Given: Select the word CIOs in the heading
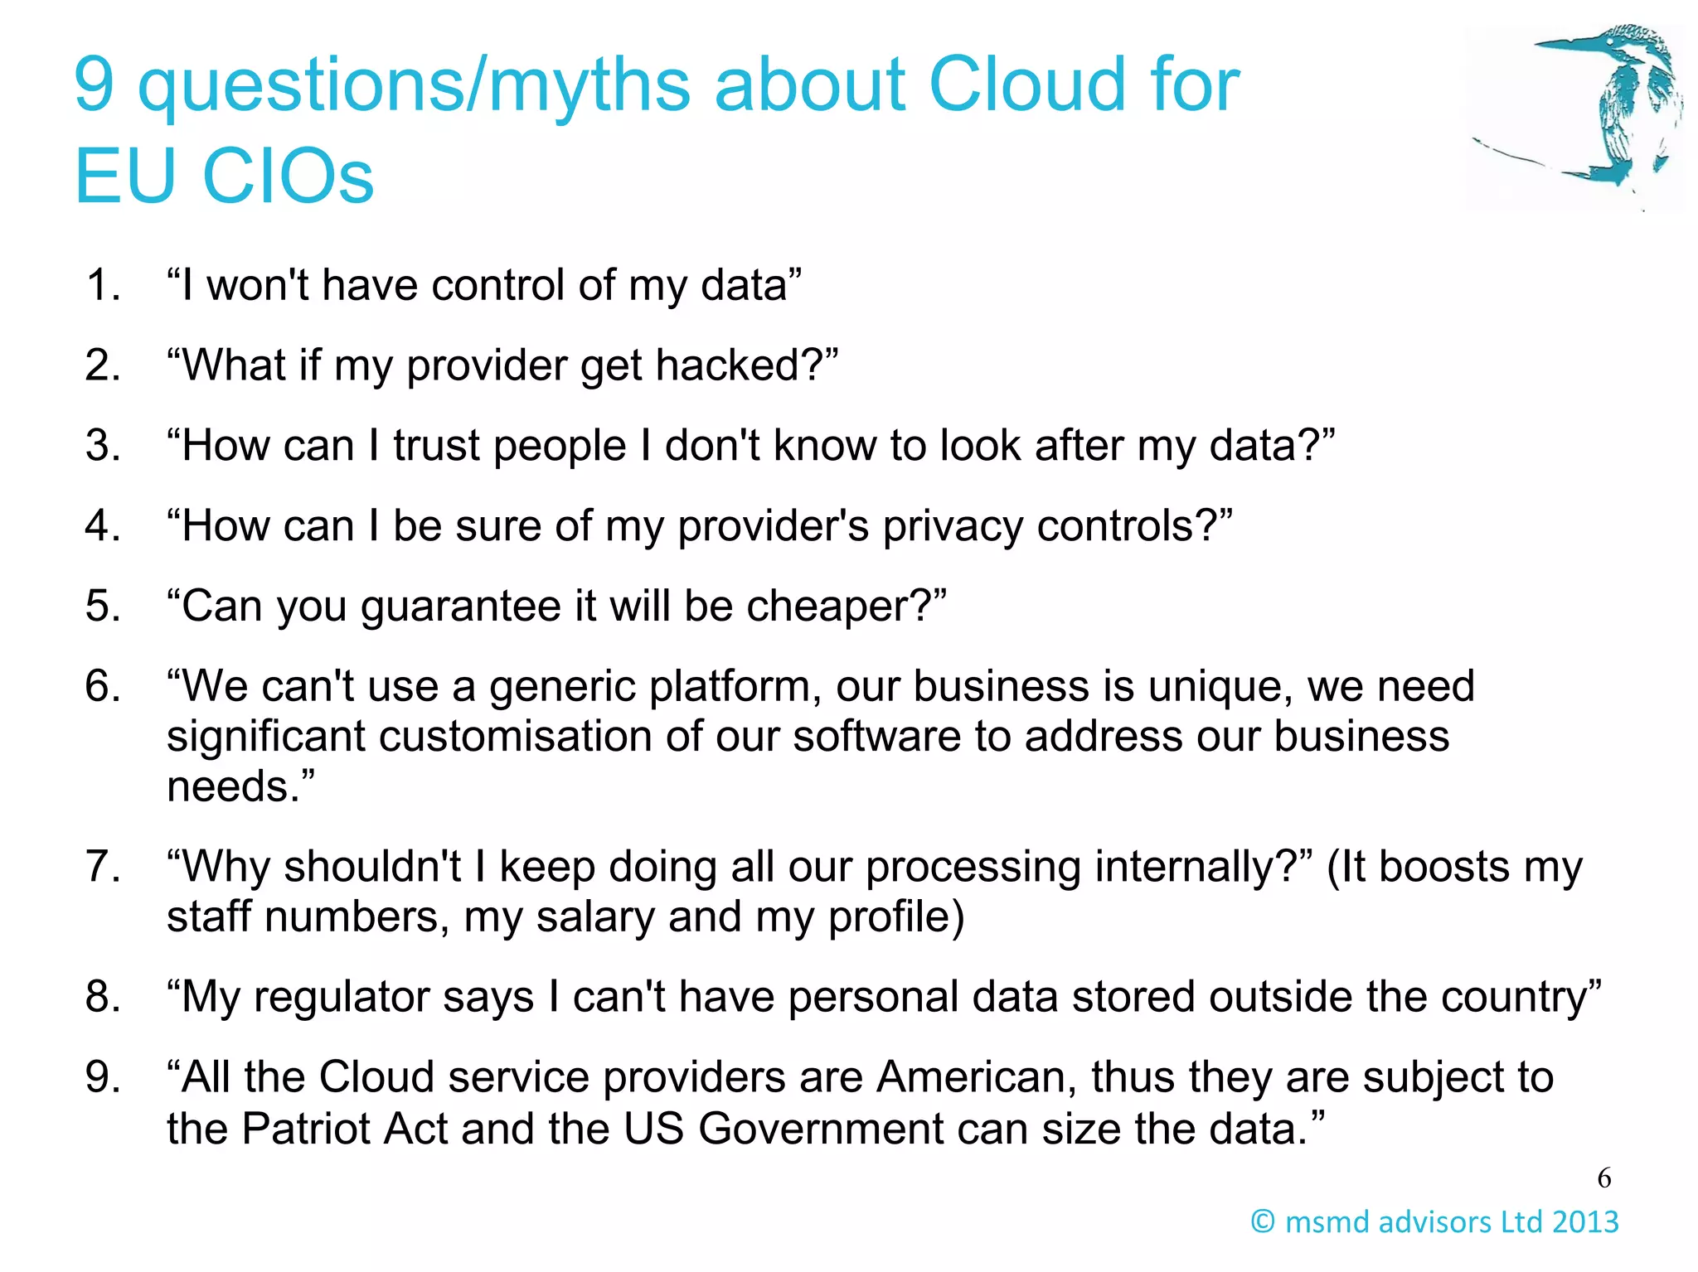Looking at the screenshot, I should tap(288, 177).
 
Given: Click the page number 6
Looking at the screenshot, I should tap(1604, 1178).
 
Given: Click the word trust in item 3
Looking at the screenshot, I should tap(438, 446).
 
